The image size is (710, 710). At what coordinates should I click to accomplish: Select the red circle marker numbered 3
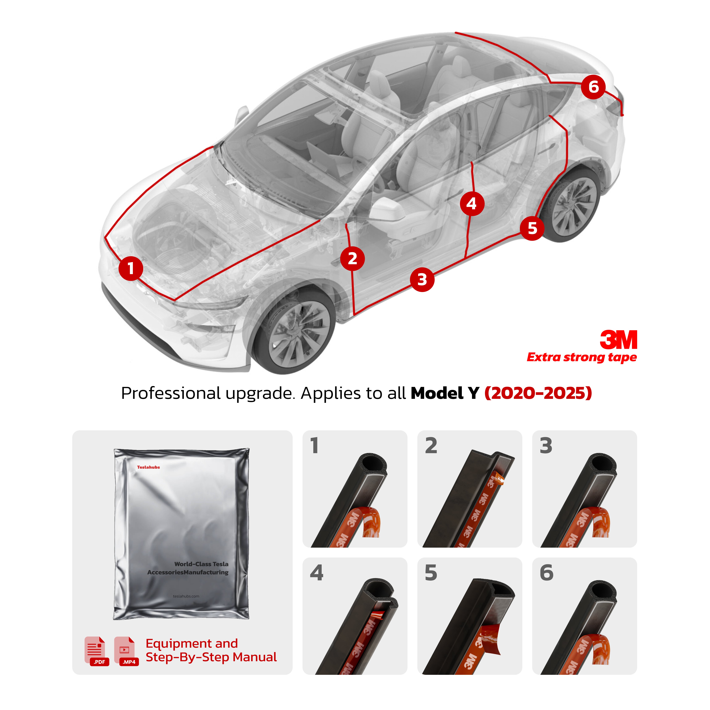click(422, 280)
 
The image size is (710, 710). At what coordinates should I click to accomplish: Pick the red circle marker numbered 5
click(532, 228)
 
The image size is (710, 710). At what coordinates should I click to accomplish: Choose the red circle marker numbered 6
click(593, 87)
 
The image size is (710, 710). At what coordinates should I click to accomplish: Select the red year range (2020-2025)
click(538, 393)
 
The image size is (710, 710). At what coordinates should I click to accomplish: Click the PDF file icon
click(96, 650)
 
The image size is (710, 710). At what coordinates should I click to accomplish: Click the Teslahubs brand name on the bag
click(148, 467)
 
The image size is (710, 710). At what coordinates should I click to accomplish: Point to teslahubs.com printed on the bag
click(186, 596)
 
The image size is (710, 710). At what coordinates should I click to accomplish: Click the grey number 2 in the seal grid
click(431, 446)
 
